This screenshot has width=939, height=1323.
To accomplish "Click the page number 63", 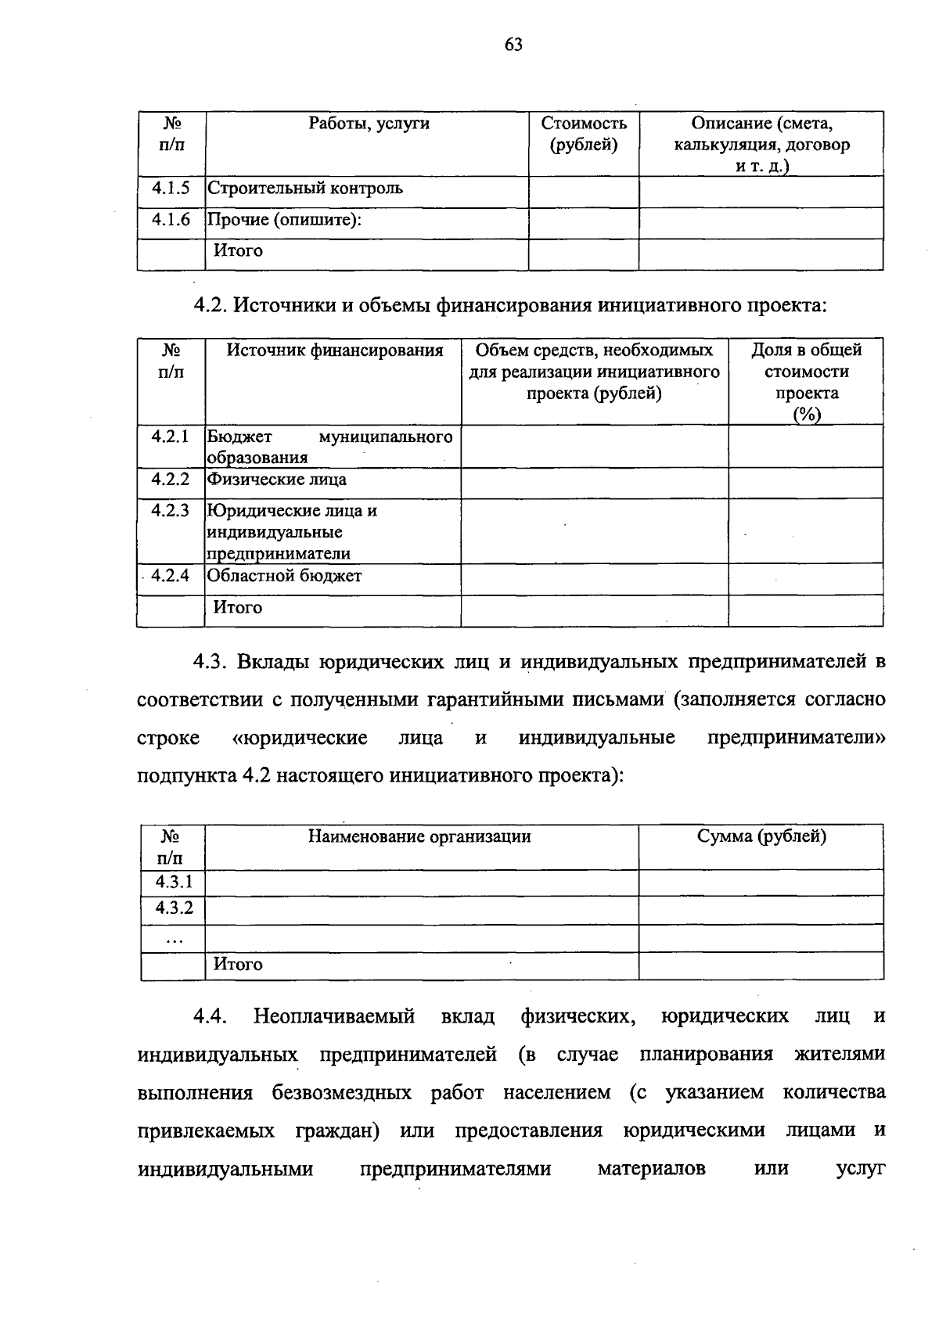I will tap(513, 45).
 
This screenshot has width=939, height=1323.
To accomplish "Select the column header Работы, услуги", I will tap(369, 124).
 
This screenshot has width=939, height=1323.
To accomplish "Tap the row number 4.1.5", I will tap(171, 189).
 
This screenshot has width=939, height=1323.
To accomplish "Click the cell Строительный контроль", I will tap(305, 189).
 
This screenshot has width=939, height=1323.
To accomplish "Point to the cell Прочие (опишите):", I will tap(284, 220).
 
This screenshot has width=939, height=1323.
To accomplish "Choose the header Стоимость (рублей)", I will tap(584, 134).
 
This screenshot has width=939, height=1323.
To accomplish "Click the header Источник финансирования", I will tap(334, 351).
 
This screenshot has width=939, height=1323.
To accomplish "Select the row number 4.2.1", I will tap(171, 436).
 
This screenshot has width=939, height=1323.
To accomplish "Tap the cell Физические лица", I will tap(276, 480).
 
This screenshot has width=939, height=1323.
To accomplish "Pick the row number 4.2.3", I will tap(171, 511).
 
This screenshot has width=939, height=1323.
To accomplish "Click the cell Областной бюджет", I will tap(284, 577).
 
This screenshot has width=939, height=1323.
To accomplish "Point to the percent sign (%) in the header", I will tap(806, 415).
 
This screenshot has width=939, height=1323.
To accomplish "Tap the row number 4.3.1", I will tap(174, 883).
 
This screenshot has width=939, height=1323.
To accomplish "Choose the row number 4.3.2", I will tap(174, 908).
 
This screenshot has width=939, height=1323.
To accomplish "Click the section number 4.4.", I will tap(210, 1017).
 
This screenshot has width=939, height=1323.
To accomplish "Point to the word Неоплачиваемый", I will tap(334, 1017).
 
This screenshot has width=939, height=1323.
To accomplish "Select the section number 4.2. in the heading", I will tap(210, 305).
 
